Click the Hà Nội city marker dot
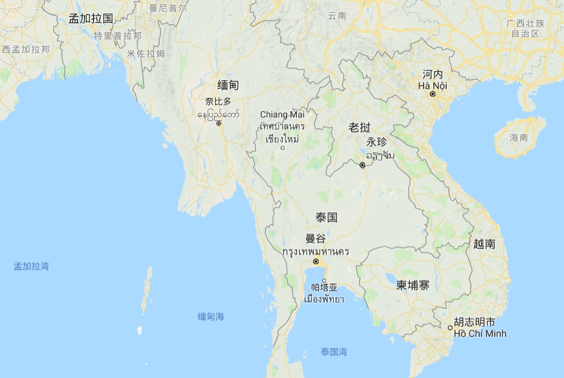(433, 94)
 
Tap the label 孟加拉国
(91, 18)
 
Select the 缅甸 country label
(228, 85)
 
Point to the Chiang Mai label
(282, 114)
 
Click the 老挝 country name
(360, 128)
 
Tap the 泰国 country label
(327, 218)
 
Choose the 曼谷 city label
(316, 238)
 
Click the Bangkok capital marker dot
(316, 261)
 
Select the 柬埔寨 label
(413, 285)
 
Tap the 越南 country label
(484, 244)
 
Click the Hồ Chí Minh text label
(480, 334)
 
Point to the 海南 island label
(519, 138)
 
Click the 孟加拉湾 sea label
(31, 266)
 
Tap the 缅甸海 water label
(211, 317)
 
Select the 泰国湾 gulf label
(334, 353)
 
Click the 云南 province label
(337, 16)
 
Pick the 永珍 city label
(377, 142)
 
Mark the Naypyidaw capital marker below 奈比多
(218, 123)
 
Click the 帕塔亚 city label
(324, 287)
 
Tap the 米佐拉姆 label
(145, 53)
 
